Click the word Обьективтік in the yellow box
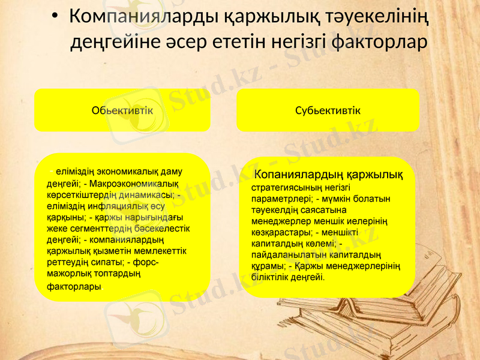coord(122,110)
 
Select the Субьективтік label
coord(328,110)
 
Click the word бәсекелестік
coord(166,229)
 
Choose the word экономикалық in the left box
coord(120,171)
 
